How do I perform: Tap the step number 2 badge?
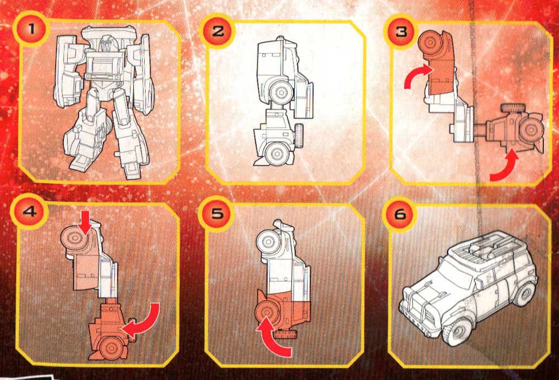click(x=217, y=30)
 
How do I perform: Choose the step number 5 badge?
click(x=217, y=213)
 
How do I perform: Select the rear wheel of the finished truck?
click(x=523, y=293)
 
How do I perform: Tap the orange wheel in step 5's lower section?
click(x=266, y=312)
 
